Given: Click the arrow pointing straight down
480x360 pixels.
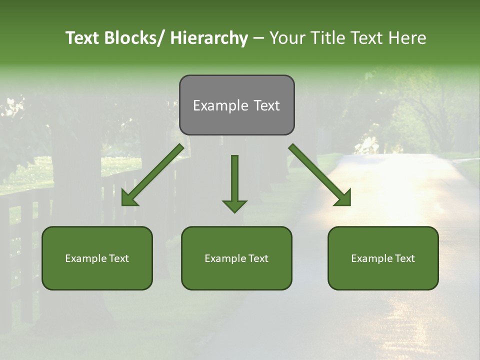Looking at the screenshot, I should (234, 182).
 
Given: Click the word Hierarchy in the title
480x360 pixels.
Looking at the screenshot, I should (209, 38).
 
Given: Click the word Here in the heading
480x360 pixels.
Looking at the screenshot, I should (408, 38).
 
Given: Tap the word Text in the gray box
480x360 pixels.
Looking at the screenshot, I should (266, 105).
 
